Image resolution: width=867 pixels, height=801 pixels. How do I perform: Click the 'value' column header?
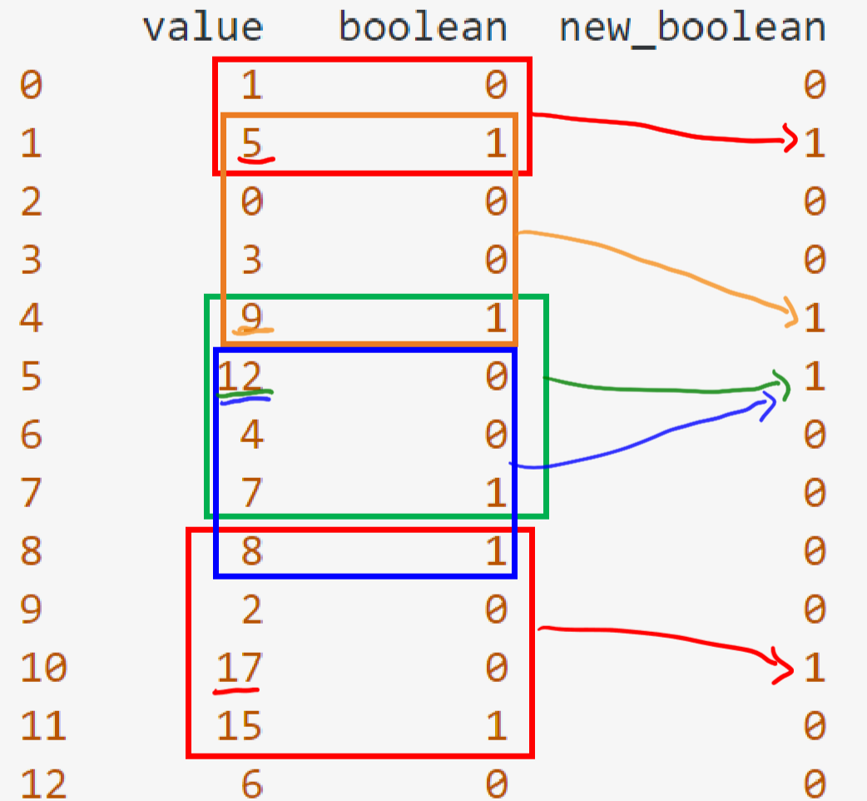202,27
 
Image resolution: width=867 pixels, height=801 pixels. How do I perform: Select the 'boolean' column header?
423,27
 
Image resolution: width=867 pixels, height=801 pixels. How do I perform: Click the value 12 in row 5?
240,376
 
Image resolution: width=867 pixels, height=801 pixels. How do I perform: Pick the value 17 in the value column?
239,667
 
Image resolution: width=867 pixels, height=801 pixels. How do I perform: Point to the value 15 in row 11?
239,726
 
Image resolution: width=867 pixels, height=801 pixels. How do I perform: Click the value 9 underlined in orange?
251,317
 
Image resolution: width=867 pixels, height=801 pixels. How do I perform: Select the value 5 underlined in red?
251,142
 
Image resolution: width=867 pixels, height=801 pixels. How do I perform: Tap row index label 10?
43,667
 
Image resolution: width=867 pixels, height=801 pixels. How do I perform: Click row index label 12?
43,784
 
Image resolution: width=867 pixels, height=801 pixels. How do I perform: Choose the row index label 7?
31,492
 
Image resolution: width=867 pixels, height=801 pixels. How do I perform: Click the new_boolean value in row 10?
815,667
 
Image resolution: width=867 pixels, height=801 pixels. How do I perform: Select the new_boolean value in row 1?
815,142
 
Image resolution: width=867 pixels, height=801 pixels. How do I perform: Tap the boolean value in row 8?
496,551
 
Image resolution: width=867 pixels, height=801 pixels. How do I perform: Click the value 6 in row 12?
251,784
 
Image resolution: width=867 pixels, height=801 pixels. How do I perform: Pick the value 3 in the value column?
251,259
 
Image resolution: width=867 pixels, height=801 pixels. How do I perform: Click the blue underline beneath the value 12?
245,400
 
